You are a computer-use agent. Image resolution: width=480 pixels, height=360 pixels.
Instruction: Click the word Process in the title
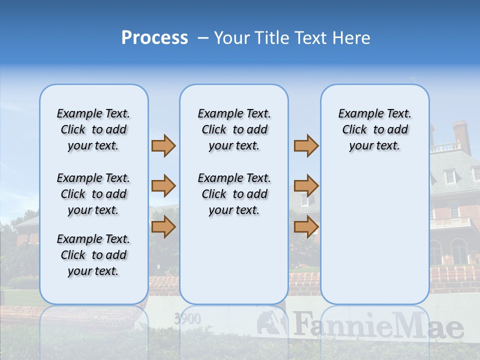[154, 38]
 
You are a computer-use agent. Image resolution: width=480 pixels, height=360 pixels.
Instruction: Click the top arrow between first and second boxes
[163, 145]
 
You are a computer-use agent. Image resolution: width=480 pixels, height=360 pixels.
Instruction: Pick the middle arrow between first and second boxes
[163, 186]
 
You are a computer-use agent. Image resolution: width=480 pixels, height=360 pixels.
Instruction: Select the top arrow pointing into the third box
[306, 145]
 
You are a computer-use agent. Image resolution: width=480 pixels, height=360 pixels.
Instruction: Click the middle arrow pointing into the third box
[306, 186]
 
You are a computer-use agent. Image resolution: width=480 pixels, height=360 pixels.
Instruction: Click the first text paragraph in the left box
[93, 129]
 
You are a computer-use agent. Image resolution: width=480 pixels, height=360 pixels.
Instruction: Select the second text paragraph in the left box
[93, 194]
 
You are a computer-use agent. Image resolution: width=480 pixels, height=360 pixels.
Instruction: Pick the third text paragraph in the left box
[93, 255]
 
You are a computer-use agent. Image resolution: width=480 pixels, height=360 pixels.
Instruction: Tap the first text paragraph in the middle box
[234, 129]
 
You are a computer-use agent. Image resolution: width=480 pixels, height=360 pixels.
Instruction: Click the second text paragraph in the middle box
[234, 194]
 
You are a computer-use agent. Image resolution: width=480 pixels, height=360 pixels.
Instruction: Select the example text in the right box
[374, 129]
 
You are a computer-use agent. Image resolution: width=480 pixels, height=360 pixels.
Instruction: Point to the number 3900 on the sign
[188, 319]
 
